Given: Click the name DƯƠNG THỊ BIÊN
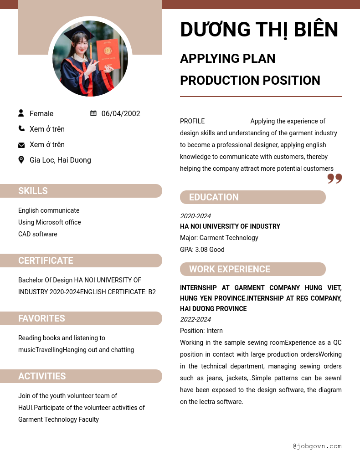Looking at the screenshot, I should (x=259, y=30).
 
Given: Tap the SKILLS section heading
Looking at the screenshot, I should (x=33, y=191).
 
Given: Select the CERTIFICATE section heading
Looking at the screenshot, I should (x=46, y=261).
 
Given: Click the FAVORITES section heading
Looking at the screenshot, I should (x=41, y=318).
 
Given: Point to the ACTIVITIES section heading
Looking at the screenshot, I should (x=42, y=376).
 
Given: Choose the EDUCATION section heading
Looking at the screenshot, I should (x=214, y=197).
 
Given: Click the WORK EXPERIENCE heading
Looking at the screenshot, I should (x=230, y=269).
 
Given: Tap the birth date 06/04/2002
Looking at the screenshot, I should (x=121, y=114).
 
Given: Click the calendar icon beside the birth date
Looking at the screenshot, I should (x=93, y=113).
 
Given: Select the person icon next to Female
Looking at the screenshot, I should (x=21, y=113).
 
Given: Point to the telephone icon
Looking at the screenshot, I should (x=21, y=129).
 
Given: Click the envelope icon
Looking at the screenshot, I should (x=21, y=145).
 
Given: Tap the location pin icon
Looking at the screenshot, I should (x=21, y=160).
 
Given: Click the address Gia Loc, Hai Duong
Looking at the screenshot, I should (x=60, y=160).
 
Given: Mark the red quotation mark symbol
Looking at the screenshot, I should (x=334, y=179).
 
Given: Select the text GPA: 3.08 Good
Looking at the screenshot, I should (x=202, y=250).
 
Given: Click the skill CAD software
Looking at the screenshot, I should (x=38, y=234).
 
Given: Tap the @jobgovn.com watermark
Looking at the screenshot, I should (x=317, y=446).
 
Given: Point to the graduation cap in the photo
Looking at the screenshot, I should (x=78, y=32).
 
